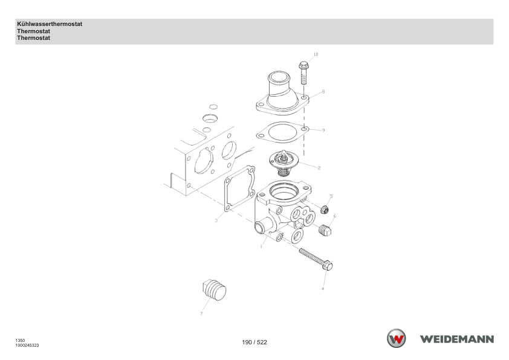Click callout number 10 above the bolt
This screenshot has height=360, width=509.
point(316,54)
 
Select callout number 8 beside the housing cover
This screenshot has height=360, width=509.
point(323,92)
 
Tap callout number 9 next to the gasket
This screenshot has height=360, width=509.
point(323,130)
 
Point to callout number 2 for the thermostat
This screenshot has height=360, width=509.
point(319,168)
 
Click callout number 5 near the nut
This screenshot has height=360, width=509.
point(331,196)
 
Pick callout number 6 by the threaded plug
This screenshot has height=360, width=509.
point(335,216)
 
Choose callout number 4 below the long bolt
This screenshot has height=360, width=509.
point(323,289)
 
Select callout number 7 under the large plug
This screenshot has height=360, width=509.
point(201,313)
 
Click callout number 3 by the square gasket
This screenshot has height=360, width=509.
point(216,221)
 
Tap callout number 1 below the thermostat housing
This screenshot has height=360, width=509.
point(261,246)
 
